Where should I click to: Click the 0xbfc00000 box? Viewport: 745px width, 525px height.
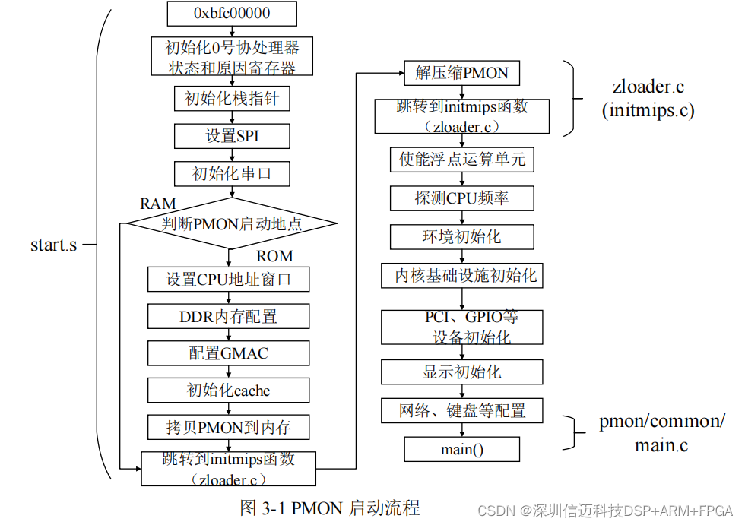coord(231,13)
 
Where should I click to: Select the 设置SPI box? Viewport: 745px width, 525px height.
coord(232,136)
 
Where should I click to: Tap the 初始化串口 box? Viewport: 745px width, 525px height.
coord(232,174)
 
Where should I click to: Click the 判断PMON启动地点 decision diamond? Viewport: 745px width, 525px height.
coord(231,223)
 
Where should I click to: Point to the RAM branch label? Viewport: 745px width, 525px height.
coord(158,204)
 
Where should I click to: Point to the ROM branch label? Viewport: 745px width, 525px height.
coord(274,256)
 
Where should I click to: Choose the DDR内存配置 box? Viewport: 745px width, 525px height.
coord(229,316)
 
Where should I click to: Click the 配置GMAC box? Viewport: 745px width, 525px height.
coord(229,353)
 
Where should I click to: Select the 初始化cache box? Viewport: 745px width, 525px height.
coord(229,391)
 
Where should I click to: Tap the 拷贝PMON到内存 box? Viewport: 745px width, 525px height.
coord(229,428)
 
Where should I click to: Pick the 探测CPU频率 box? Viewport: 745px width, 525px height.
coord(461,198)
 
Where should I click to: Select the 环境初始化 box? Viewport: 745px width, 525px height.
coord(461,236)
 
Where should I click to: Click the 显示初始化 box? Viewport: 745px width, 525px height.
coord(461,372)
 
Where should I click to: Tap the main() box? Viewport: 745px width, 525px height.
coord(461,449)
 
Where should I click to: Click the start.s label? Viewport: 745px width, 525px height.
coord(53,245)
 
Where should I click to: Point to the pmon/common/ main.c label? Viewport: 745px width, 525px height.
coord(661,433)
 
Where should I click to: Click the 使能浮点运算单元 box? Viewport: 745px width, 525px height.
coord(461,160)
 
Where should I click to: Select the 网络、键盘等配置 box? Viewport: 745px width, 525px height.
coord(461,411)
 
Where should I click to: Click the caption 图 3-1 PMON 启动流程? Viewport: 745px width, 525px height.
coord(329,508)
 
